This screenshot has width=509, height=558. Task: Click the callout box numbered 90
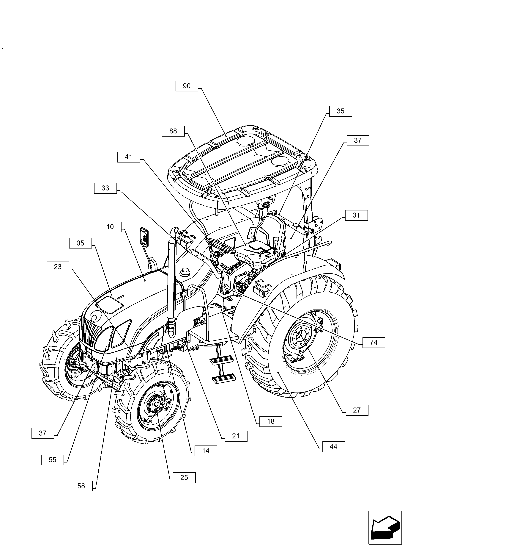point(187,86)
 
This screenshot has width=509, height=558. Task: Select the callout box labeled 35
point(340,111)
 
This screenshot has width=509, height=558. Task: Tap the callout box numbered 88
point(173,131)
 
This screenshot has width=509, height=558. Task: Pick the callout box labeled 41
point(129,157)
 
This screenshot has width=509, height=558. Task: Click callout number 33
point(105,188)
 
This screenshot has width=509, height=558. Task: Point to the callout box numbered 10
point(110,227)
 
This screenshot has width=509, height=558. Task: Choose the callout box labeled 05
point(80,243)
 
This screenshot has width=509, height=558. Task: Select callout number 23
point(58,267)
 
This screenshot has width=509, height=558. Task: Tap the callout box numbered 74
point(374,343)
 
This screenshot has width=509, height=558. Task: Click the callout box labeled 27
point(357,410)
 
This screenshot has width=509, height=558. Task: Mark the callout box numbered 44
point(333,447)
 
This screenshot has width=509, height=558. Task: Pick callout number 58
point(81,486)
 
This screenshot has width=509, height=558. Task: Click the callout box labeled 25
point(184,478)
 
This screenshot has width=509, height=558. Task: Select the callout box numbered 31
point(356,215)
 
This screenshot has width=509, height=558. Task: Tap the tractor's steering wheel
point(220,245)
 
